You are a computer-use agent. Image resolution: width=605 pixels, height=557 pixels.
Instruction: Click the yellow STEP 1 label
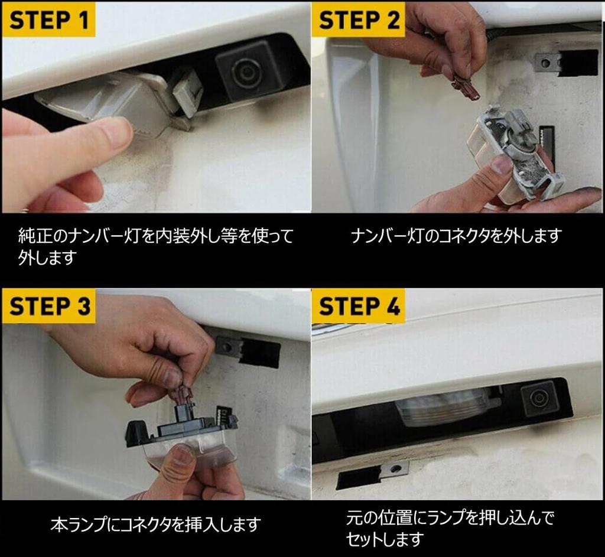[48, 19]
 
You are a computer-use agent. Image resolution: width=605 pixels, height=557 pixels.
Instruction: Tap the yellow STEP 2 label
[359, 19]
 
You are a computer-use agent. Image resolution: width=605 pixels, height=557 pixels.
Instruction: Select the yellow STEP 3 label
[48, 306]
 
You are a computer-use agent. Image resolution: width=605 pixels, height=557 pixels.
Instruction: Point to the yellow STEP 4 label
[359, 306]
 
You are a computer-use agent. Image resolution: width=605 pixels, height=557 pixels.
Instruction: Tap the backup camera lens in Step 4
[536, 396]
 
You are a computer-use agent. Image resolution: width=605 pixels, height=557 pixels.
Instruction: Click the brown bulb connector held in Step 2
[466, 87]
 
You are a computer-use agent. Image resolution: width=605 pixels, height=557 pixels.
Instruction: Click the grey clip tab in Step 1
[187, 93]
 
